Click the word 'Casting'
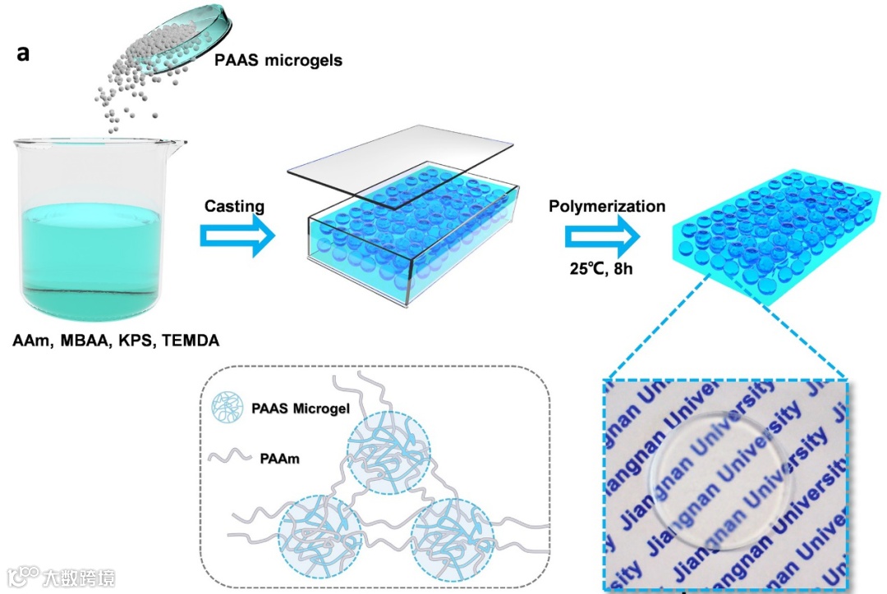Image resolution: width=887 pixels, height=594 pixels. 235,207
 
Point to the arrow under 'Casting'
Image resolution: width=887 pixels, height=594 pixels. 235,237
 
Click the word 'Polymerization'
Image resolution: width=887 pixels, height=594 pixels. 607,206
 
